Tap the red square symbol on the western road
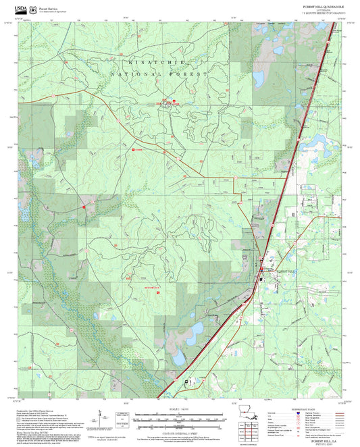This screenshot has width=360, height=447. [x=84, y=208]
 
